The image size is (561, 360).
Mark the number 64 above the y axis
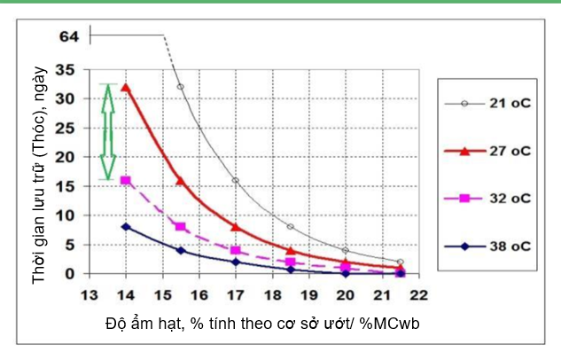[x=69, y=36]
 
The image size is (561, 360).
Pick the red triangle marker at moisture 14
[x=126, y=87]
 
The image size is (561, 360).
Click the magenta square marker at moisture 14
[x=126, y=180]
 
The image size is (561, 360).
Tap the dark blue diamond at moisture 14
[x=126, y=227]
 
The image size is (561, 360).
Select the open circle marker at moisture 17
[x=236, y=180]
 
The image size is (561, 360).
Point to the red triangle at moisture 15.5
[x=181, y=180]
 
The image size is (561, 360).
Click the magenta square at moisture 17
[x=236, y=250]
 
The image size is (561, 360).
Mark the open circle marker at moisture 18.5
[x=291, y=227]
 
